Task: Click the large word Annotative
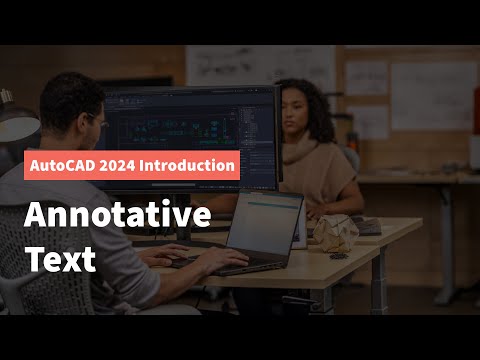click(117, 216)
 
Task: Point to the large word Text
click(60, 259)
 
